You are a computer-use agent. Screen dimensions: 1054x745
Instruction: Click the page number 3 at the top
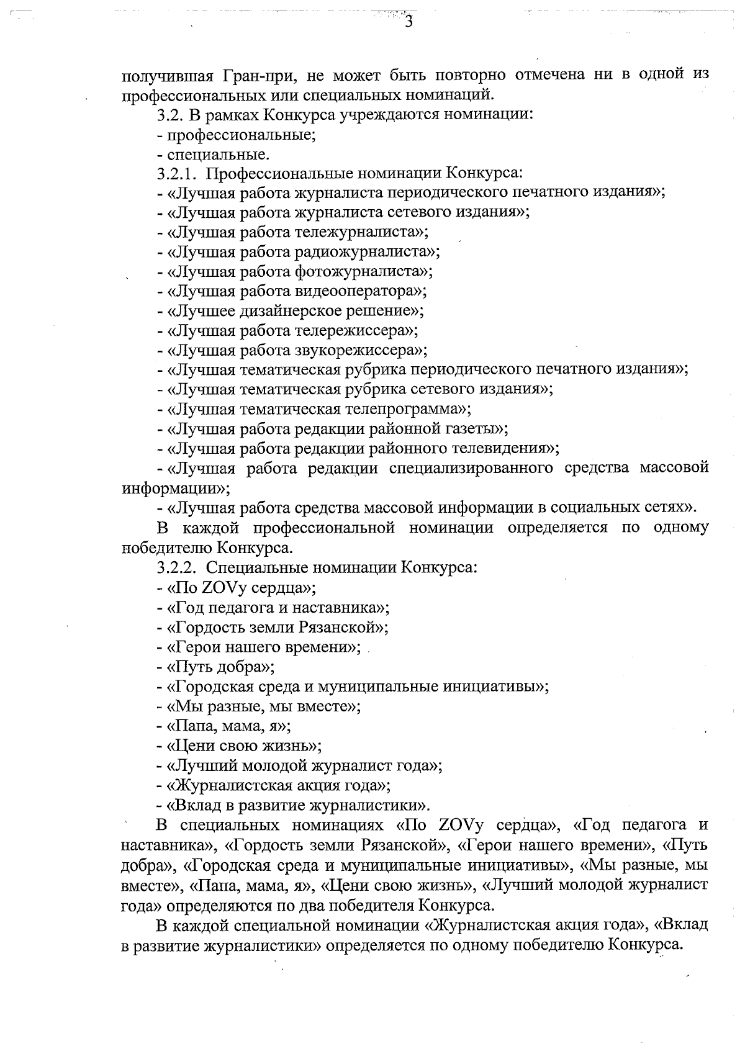pyautogui.click(x=409, y=22)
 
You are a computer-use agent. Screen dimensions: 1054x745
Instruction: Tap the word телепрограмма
pyautogui.click(x=404, y=409)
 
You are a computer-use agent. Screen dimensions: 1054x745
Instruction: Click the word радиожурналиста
pyautogui.click(x=363, y=251)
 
